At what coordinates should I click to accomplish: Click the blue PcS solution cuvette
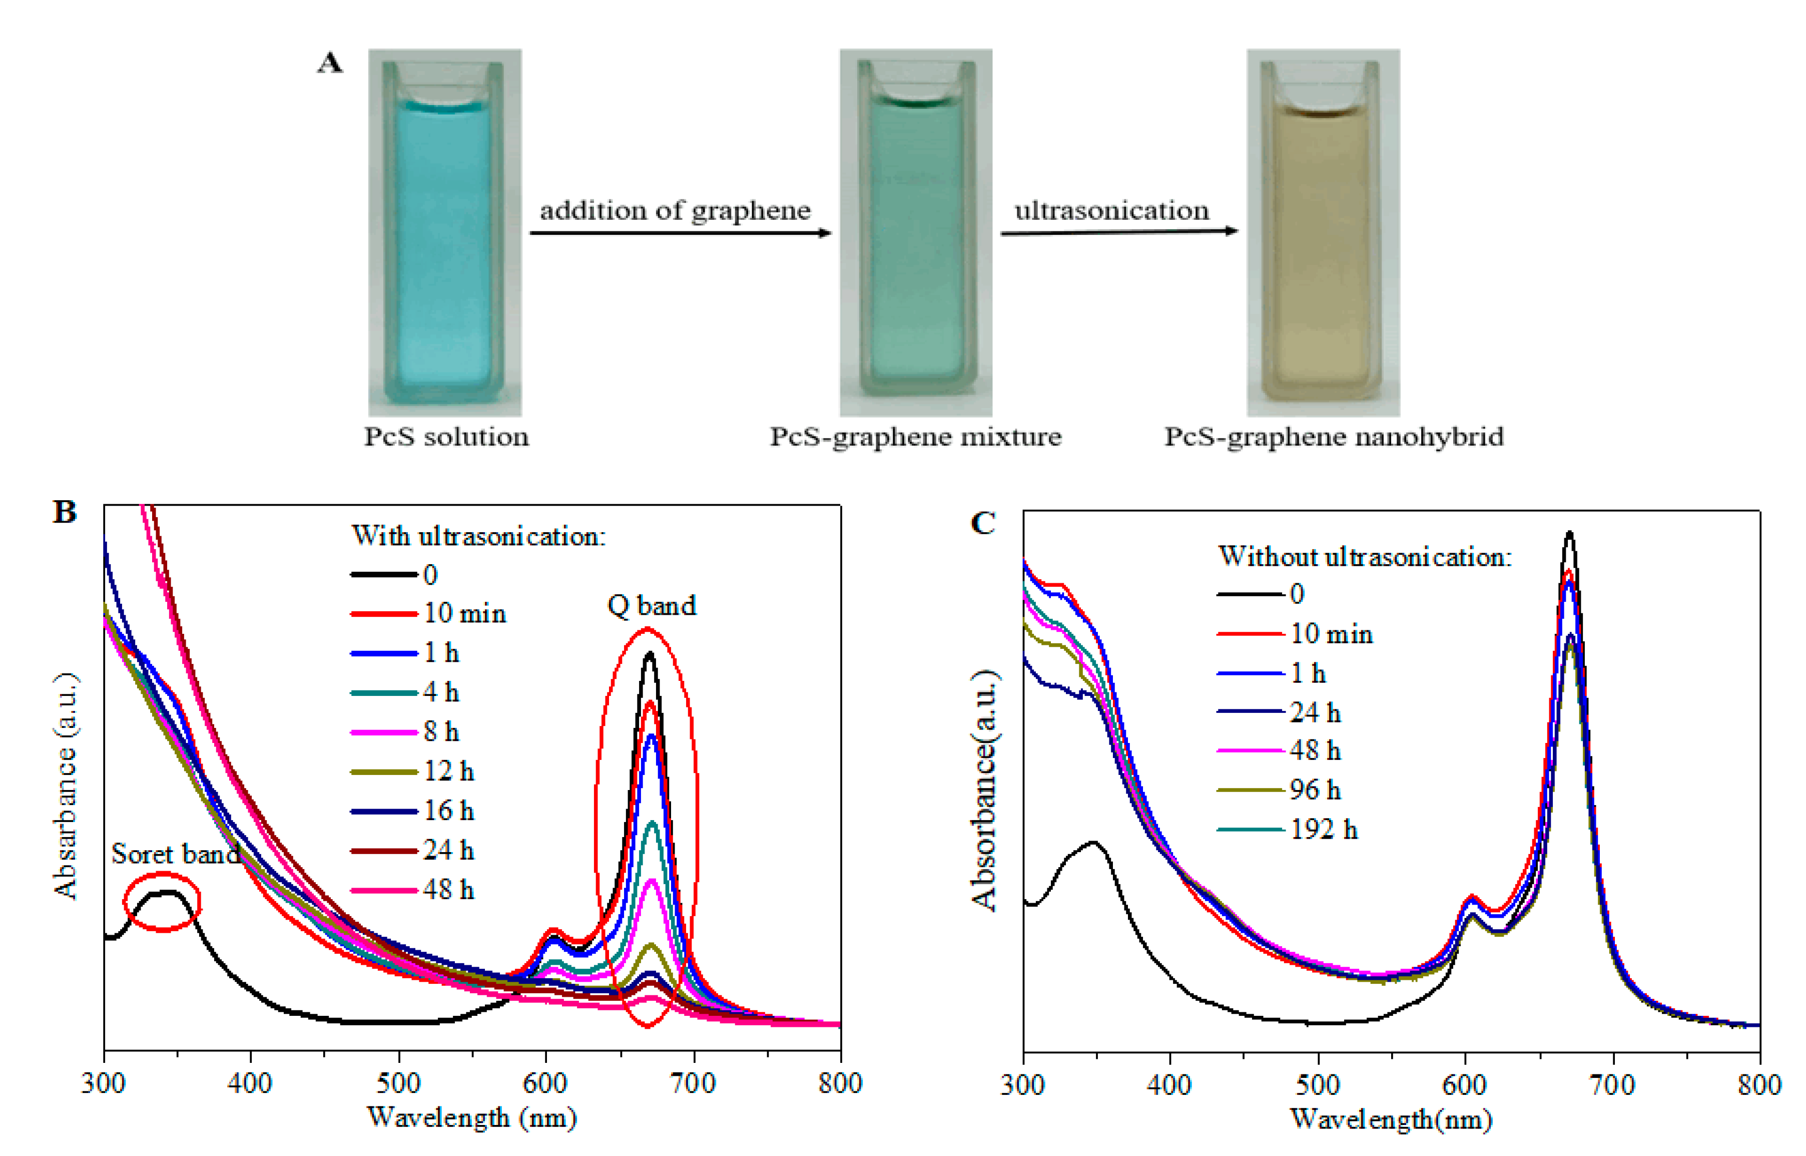point(445,233)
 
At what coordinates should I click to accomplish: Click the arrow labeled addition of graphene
point(681,233)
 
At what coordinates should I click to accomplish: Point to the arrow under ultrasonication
point(1118,232)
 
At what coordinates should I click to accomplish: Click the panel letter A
point(330,64)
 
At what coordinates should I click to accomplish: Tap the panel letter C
point(983,523)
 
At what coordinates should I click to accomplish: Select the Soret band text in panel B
point(175,854)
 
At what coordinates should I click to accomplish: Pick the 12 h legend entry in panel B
point(413,772)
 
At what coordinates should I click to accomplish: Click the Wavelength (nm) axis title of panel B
point(471,1118)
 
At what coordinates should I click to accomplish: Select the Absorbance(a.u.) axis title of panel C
point(984,790)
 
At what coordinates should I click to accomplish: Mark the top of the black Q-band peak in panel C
point(1569,533)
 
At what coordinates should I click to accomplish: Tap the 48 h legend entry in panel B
point(413,890)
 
